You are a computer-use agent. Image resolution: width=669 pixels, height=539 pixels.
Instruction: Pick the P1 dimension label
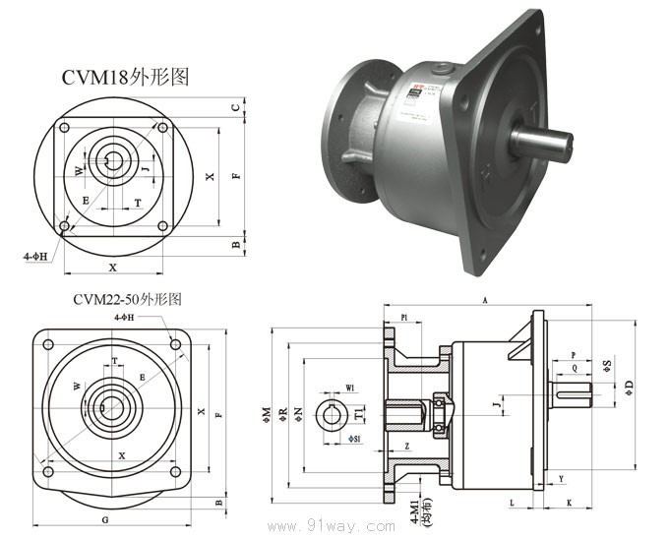click(404, 318)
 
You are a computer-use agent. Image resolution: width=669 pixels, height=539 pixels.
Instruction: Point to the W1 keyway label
click(351, 387)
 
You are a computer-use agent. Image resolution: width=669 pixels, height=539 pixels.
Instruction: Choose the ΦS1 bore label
click(354, 438)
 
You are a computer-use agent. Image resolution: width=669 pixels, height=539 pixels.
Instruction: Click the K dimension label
click(570, 502)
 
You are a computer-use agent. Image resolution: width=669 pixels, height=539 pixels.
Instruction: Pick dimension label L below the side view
click(512, 502)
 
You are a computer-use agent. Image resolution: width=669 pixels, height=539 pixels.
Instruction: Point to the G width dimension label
click(104, 517)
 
